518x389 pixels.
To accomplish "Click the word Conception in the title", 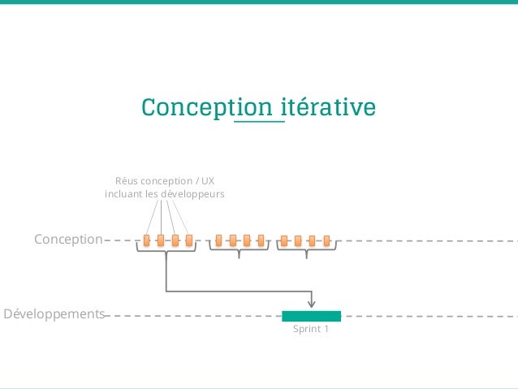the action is (208, 108).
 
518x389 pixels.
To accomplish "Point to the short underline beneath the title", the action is (259, 122).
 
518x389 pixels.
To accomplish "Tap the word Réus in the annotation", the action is (128, 180).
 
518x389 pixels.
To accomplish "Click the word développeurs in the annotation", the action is (192, 194).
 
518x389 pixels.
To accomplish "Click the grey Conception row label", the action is (68, 240).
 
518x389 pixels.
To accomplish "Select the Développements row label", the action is (54, 313).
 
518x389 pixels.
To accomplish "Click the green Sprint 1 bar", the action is (311, 316).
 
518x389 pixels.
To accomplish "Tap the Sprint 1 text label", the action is (311, 331).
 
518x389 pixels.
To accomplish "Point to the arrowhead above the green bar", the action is (312, 303).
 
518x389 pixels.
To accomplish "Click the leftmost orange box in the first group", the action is (147, 240).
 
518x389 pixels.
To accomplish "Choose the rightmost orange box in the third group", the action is (326, 240).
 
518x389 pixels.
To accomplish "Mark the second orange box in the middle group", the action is (233, 240).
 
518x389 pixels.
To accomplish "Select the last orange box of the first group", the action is (189, 240).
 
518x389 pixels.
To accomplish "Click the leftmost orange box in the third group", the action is (284, 240).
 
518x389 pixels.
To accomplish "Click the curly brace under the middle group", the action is (239, 253).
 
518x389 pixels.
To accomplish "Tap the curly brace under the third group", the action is (306, 253).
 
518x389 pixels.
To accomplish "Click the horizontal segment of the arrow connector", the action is (240, 290).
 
